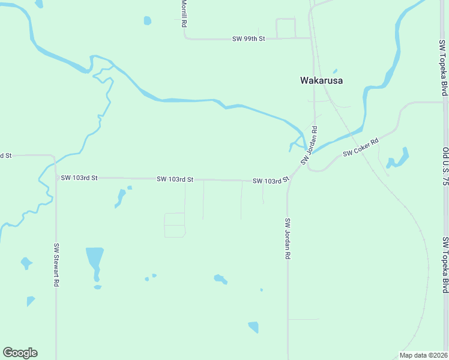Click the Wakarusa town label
321,80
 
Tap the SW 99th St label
249,38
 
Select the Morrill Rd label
184,13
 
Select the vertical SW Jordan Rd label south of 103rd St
288,238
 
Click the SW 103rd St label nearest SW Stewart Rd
79,178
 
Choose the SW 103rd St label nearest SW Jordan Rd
271,180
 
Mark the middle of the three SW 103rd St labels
175,179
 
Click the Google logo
20,353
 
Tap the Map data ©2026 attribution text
424,355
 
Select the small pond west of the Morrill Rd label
148,21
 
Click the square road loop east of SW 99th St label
286,28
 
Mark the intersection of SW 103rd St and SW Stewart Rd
56,178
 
